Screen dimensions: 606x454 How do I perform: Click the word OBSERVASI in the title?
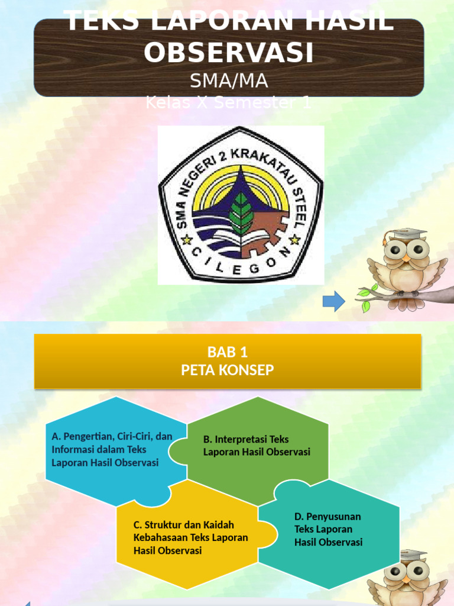click(x=228, y=53)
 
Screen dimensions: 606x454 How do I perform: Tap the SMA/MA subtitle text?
click(x=229, y=80)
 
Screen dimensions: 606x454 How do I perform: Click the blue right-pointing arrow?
click(x=334, y=301)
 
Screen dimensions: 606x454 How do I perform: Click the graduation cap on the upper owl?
click(x=407, y=234)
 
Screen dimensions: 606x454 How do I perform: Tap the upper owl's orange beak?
click(x=406, y=259)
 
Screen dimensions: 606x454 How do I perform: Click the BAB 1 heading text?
click(x=228, y=353)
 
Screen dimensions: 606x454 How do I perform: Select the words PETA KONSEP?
click(x=228, y=370)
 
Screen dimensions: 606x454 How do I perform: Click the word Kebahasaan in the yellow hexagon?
click(x=159, y=538)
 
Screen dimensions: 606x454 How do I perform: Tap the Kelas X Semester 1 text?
click(x=228, y=103)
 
